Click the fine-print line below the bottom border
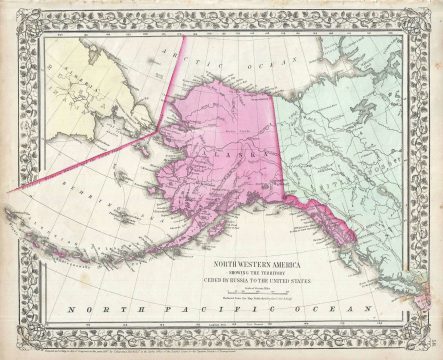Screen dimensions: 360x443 pos(221,353)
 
